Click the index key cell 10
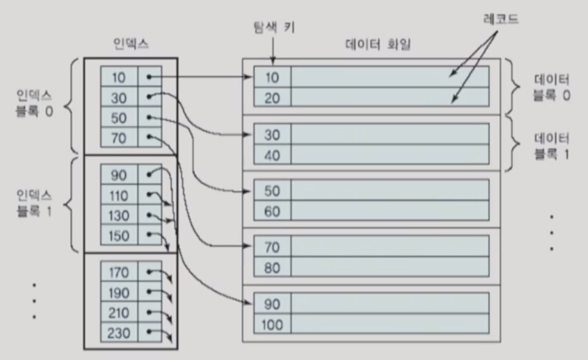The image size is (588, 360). pyautogui.click(x=118, y=77)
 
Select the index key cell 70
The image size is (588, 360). pyautogui.click(x=118, y=138)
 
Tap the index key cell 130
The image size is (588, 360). pyautogui.click(x=118, y=216)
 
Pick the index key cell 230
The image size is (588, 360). pyautogui.click(x=118, y=332)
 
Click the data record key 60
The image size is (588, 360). pyautogui.click(x=272, y=210)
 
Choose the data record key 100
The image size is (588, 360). pyautogui.click(x=272, y=323)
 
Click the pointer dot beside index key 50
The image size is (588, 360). pyautogui.click(x=150, y=118)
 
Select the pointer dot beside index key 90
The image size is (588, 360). pyautogui.click(x=150, y=175)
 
